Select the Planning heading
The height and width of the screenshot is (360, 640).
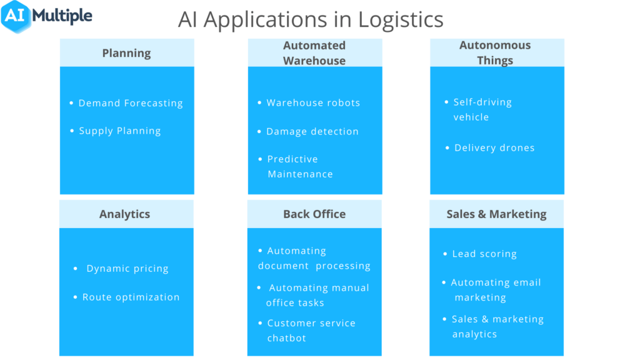(x=127, y=53)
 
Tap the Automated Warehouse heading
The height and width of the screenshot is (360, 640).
(x=314, y=53)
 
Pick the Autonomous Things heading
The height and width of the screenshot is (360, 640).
(x=495, y=53)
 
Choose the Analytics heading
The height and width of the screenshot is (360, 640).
(x=125, y=214)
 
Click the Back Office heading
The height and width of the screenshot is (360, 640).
(x=314, y=214)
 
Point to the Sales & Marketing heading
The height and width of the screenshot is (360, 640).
(x=496, y=214)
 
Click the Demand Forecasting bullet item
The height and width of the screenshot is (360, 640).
(x=131, y=103)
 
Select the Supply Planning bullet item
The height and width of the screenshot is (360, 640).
(x=120, y=131)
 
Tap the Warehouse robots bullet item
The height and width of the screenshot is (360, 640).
(x=313, y=102)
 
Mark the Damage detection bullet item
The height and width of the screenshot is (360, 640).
(x=312, y=131)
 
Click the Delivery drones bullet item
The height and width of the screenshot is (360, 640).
(x=494, y=148)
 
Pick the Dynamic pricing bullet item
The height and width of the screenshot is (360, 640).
(x=127, y=269)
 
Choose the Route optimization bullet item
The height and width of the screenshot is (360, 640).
(x=131, y=297)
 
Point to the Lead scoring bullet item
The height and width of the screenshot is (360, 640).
(x=484, y=254)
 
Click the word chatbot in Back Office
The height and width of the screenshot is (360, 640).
(x=287, y=338)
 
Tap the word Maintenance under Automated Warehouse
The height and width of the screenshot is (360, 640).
(x=300, y=174)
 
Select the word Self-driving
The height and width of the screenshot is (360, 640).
(x=482, y=102)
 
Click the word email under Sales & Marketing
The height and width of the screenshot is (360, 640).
(x=526, y=282)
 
